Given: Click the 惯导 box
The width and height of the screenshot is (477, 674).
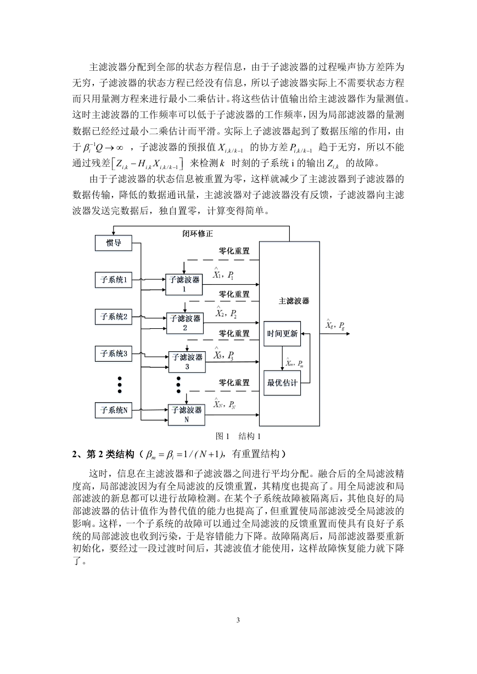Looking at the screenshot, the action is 114,243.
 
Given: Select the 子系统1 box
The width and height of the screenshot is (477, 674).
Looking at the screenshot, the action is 114,280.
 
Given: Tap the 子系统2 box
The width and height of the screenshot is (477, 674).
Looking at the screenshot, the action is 114,317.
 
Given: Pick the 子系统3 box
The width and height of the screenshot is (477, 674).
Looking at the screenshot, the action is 114,353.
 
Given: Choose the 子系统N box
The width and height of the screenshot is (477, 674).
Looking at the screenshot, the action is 114,410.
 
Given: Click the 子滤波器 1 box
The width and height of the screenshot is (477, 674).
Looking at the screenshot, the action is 184,284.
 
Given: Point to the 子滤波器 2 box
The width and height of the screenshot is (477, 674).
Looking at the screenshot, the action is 185,323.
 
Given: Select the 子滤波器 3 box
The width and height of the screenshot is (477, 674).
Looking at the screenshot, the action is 187,362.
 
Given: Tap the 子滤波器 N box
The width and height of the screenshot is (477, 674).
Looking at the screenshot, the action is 186,415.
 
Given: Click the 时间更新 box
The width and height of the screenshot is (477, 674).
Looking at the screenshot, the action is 282,334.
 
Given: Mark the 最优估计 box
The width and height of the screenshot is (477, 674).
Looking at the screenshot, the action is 282,383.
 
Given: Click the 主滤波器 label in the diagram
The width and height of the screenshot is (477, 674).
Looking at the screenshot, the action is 294,301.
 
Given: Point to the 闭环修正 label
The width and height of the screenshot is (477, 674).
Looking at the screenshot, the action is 198,233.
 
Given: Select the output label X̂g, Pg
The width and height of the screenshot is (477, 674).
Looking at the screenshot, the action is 335,325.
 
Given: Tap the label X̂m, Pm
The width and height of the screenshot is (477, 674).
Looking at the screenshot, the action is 294,363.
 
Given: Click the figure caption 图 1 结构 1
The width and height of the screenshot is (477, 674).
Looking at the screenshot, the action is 238,436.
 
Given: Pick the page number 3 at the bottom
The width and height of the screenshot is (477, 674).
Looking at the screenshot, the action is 238,620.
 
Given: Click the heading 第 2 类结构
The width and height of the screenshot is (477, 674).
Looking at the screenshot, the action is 110,454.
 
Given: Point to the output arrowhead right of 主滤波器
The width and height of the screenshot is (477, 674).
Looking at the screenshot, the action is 348,334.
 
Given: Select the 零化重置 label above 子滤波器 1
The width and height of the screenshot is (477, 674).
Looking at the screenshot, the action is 234,251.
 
